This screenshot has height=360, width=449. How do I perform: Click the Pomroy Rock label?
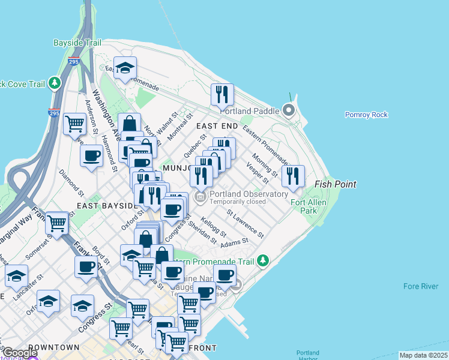[366, 115]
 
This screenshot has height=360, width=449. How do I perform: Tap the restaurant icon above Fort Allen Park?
[292, 176]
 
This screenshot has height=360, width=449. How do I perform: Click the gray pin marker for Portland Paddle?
[289, 110]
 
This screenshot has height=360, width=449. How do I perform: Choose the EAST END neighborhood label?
[217, 126]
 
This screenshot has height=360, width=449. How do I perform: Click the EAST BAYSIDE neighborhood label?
[107, 206]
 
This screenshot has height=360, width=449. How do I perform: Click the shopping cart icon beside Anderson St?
[74, 124]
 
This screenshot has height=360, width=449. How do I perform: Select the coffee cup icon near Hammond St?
[91, 156]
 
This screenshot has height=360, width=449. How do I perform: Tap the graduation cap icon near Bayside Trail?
[125, 68]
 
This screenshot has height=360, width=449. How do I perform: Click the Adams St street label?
[234, 242]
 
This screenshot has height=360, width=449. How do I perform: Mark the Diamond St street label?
[71, 182]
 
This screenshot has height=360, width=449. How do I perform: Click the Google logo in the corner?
[20, 353]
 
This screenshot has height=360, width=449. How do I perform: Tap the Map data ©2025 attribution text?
[423, 355]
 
